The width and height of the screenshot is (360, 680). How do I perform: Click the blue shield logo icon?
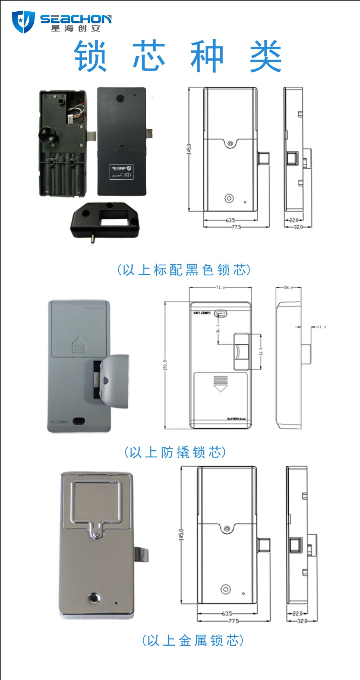(x=23, y=22)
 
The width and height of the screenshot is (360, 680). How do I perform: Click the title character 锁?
(x=90, y=56)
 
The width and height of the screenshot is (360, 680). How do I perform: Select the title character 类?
(x=266, y=56)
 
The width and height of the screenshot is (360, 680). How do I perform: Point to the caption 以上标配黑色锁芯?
(x=184, y=270)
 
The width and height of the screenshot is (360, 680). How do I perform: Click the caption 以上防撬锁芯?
(x=175, y=453)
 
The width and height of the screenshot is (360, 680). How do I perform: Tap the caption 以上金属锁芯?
(x=193, y=640)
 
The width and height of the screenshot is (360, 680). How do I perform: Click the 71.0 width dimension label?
(x=220, y=287)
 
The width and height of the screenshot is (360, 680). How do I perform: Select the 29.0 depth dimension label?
(x=288, y=287)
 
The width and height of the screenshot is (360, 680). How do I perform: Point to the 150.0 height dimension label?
(x=165, y=365)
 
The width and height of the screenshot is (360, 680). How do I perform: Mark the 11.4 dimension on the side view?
(x=321, y=327)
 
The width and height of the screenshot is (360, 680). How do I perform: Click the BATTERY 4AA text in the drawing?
(x=236, y=419)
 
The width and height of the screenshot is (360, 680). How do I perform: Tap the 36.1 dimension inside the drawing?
(x=218, y=328)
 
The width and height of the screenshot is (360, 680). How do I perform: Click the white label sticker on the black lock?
(x=122, y=172)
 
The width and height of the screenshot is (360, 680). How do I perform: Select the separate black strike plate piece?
(x=105, y=220)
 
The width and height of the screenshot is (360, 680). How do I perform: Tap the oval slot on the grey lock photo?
(x=79, y=421)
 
